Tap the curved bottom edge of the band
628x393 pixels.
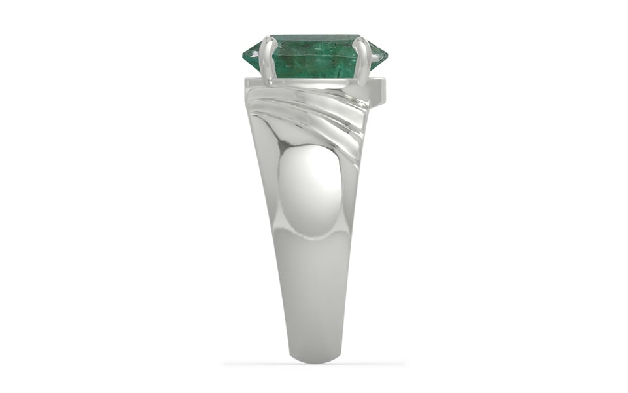pos(314,357)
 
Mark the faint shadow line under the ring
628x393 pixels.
pos(314,364)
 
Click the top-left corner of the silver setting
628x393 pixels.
pos(247,80)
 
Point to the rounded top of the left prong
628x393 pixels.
pos(268,39)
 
